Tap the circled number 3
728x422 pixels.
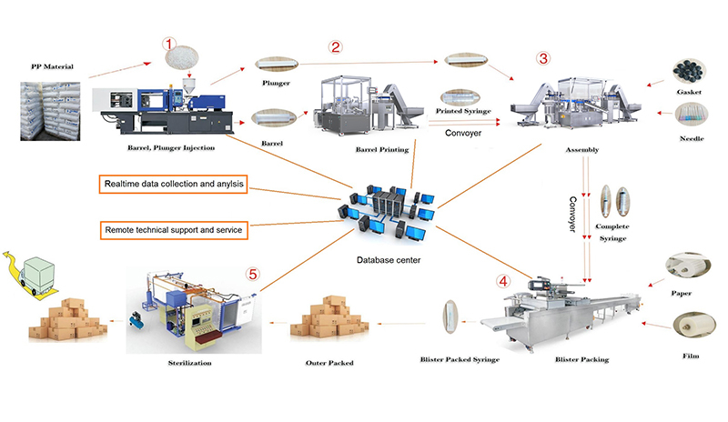pos(543,59)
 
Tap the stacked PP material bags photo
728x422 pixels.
pos(51,109)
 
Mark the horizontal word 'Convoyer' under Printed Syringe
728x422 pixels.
pos(470,132)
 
